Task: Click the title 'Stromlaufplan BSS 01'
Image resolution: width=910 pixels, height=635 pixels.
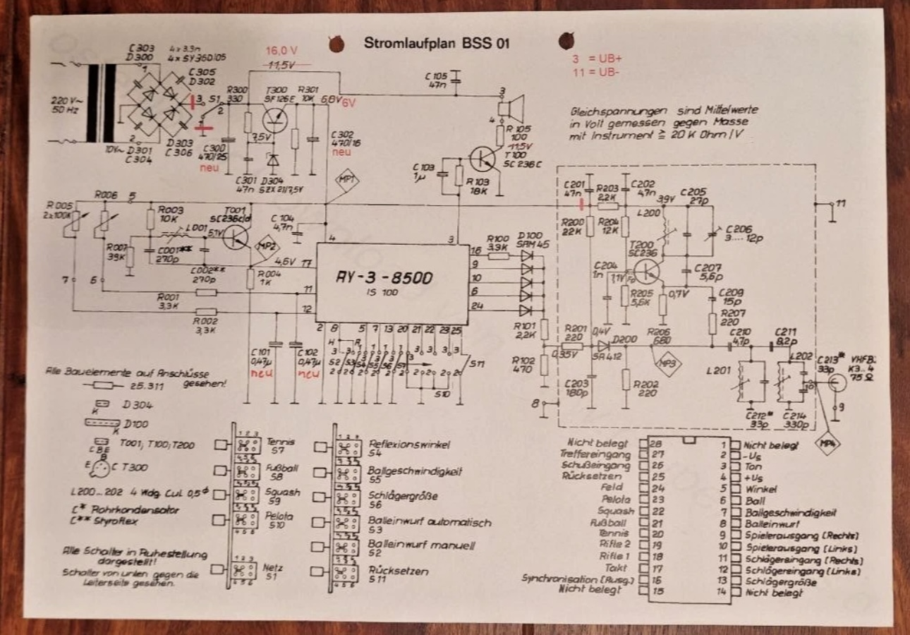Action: (436, 42)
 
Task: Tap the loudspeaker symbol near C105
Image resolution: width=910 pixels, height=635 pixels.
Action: (506, 109)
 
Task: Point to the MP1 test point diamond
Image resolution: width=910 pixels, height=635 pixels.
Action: (346, 179)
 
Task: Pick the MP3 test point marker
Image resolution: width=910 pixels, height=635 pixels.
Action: (665, 364)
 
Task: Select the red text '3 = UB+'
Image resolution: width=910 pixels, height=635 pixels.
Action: (596, 59)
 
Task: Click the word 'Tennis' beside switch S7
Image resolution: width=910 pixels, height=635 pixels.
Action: (281, 442)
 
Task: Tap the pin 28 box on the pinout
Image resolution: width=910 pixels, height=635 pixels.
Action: (643, 444)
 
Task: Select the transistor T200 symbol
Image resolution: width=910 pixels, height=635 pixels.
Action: (645, 270)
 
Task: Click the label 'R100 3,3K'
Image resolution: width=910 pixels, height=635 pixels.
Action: (498, 243)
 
